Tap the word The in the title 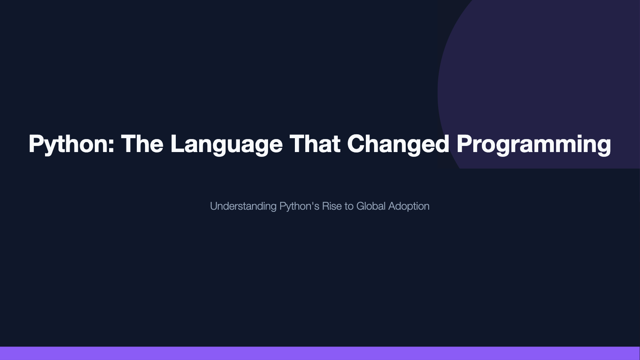click(142, 143)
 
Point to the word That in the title click(315, 143)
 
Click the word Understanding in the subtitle click(243, 207)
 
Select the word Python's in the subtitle click(299, 207)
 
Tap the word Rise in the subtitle click(332, 206)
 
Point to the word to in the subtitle click(349, 206)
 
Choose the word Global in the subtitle click(371, 206)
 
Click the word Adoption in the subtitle click(409, 207)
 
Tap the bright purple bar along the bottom click(320, 354)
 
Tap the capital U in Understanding click(214, 206)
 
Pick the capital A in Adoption click(393, 206)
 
